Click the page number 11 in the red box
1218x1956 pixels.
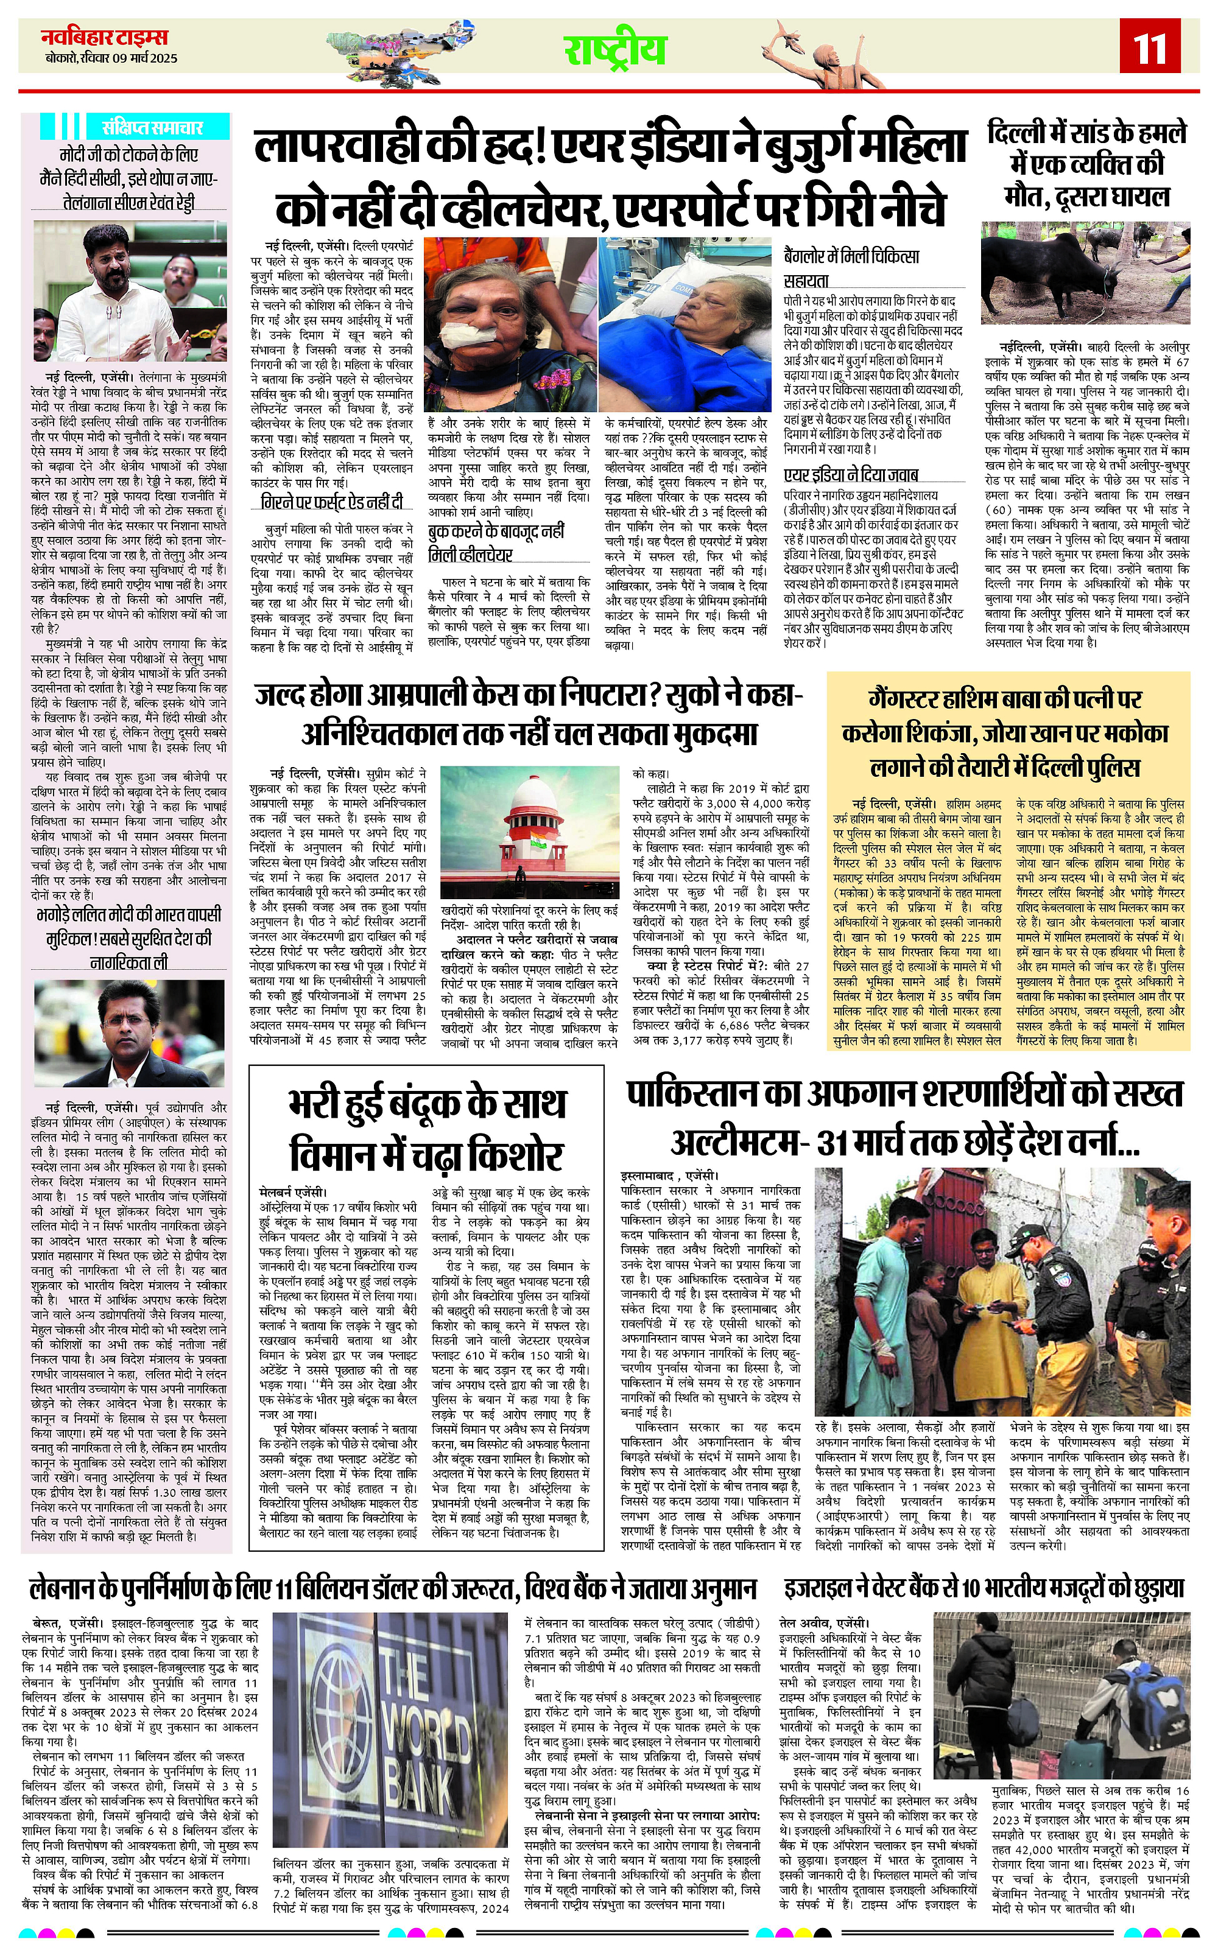coord(1151,51)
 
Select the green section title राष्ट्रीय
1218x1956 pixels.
coord(614,50)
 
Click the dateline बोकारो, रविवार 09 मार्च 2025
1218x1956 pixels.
coord(112,58)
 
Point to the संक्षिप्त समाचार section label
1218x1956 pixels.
coord(152,127)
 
